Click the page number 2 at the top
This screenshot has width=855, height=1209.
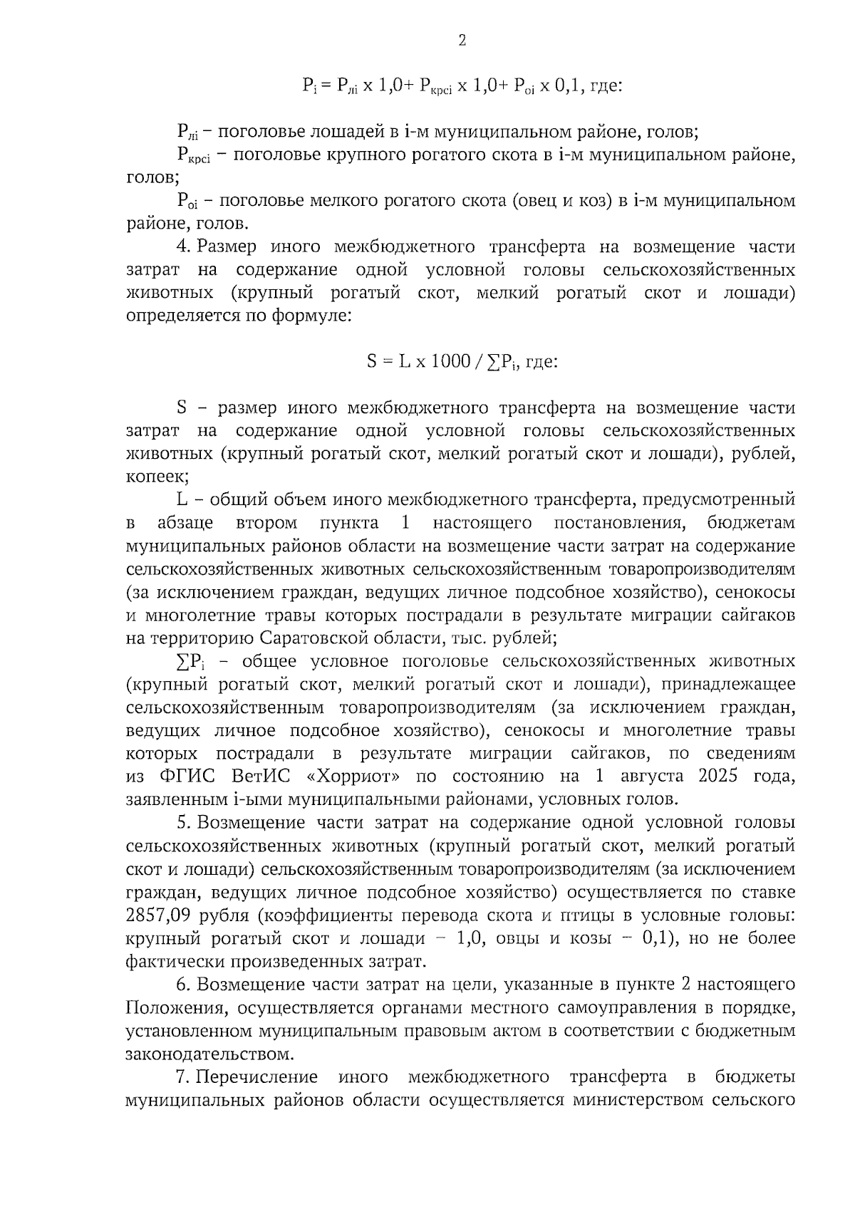pyautogui.click(x=462, y=41)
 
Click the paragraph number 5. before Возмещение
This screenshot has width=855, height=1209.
pyautogui.click(x=184, y=823)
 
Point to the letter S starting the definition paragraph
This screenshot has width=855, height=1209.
pyautogui.click(x=181, y=408)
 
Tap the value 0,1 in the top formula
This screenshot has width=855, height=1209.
pyautogui.click(x=569, y=85)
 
